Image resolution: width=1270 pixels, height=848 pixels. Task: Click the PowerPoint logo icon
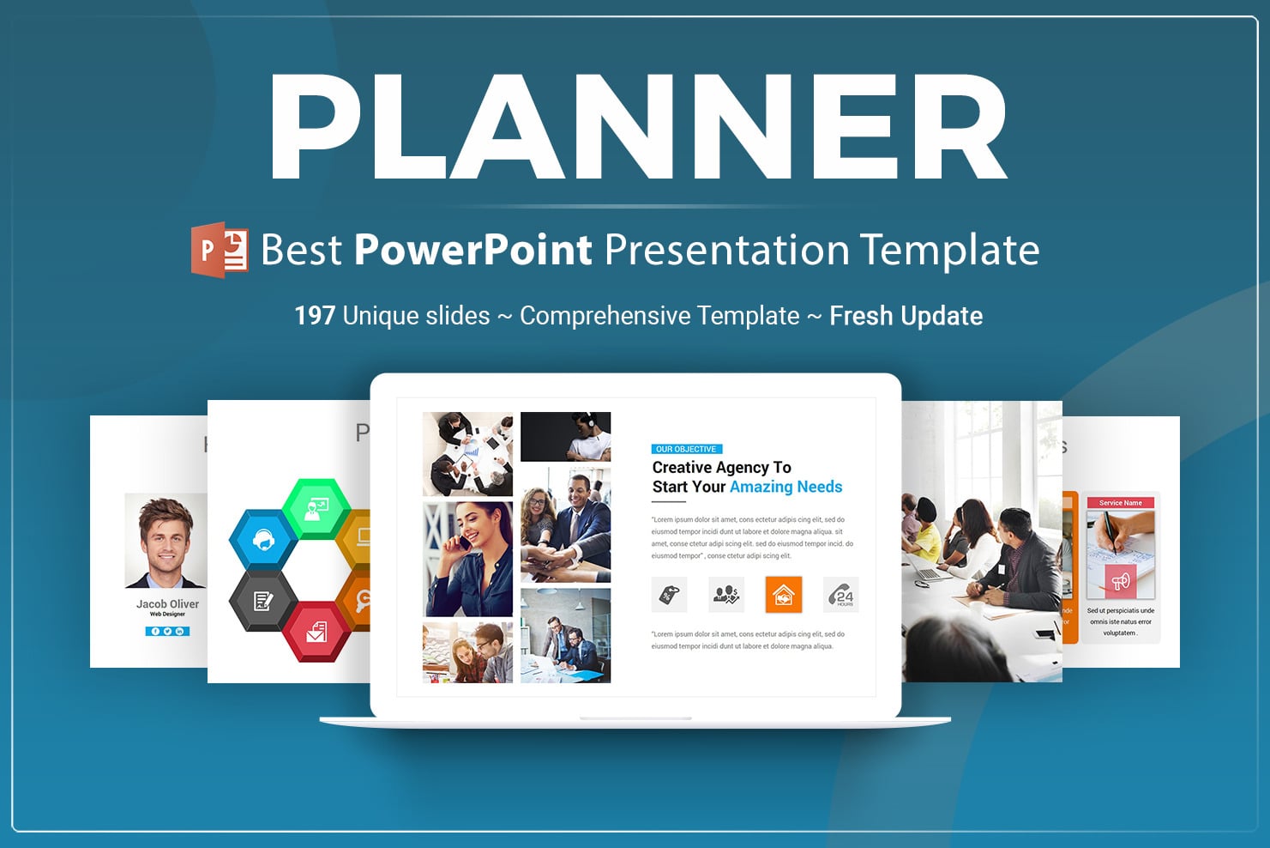(220, 250)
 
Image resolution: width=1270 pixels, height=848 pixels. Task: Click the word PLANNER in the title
(639, 127)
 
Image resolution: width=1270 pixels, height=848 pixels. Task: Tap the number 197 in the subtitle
(314, 316)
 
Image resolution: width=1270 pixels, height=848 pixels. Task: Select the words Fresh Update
(906, 316)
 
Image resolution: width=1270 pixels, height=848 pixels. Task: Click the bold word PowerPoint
(472, 250)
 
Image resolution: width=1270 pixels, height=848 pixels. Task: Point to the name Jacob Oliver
(167, 604)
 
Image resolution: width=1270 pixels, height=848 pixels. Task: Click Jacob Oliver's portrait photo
(166, 541)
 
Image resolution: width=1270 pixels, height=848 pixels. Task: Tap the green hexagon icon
(316, 508)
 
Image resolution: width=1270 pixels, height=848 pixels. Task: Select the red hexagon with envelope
(316, 632)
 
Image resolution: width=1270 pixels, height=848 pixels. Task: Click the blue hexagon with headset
(262, 540)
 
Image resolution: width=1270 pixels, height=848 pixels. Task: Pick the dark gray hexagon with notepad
(262, 601)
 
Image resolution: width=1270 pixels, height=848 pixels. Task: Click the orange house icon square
(783, 595)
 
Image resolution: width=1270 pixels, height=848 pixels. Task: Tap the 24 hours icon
(842, 595)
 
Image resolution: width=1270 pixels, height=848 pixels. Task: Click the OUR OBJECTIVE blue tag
(686, 449)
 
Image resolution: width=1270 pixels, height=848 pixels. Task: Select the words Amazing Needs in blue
(785, 487)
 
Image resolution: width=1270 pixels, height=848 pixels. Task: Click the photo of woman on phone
(467, 559)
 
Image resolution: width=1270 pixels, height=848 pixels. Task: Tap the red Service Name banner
(1120, 503)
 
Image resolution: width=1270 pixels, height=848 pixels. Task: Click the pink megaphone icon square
(1120, 581)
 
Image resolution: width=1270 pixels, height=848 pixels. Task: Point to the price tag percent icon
(669, 595)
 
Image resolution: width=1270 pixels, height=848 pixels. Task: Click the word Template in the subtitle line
(950, 250)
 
